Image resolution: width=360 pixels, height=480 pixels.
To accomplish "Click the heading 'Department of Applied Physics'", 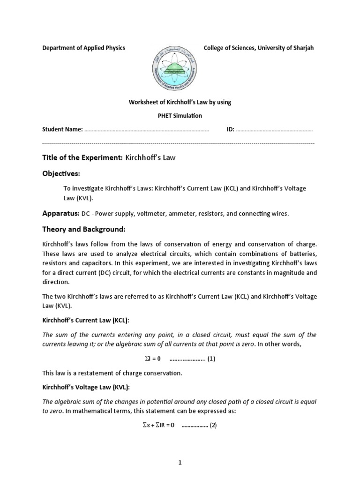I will point(83,48).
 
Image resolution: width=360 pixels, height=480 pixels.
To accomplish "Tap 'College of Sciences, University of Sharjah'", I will point(259,48).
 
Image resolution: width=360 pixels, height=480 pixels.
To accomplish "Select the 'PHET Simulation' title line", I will point(180,115).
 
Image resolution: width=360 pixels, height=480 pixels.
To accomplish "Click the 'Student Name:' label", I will point(62,129).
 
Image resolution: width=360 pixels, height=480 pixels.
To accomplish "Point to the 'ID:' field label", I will point(230,129).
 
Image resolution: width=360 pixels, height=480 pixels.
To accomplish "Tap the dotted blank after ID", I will point(274,130).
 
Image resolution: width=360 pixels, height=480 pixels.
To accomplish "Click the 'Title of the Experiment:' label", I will point(82,157).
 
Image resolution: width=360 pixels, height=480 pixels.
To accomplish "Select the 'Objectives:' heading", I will point(61,174).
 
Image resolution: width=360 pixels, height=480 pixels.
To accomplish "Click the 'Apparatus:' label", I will point(60,213).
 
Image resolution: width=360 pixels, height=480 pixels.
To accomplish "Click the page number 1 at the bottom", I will point(180,462).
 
